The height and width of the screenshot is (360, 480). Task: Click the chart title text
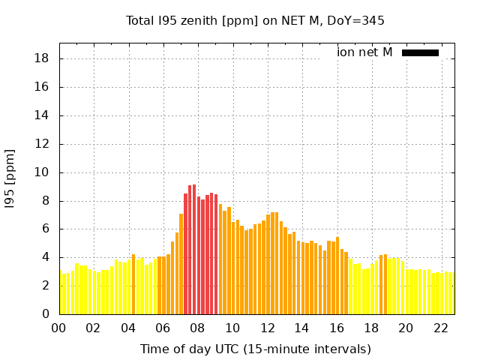(x=255, y=20)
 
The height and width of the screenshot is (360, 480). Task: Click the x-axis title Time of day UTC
(x=255, y=349)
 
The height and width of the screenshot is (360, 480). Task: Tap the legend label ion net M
(x=364, y=52)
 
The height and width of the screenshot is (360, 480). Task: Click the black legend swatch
(x=420, y=52)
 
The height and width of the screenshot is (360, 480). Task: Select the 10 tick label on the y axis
(x=43, y=172)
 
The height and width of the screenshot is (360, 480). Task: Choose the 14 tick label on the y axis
(x=43, y=115)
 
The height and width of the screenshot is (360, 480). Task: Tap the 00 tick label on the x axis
(x=58, y=328)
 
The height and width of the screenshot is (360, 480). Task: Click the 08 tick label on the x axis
(x=197, y=328)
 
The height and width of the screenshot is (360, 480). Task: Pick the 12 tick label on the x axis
(x=267, y=328)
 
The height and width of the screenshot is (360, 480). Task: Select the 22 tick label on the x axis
(x=440, y=328)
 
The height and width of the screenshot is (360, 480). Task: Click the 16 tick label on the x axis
(x=336, y=328)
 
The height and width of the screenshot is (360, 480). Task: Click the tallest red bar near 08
(x=193, y=247)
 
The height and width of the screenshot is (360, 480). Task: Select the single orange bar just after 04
(x=133, y=285)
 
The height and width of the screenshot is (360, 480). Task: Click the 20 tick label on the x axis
(x=406, y=328)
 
